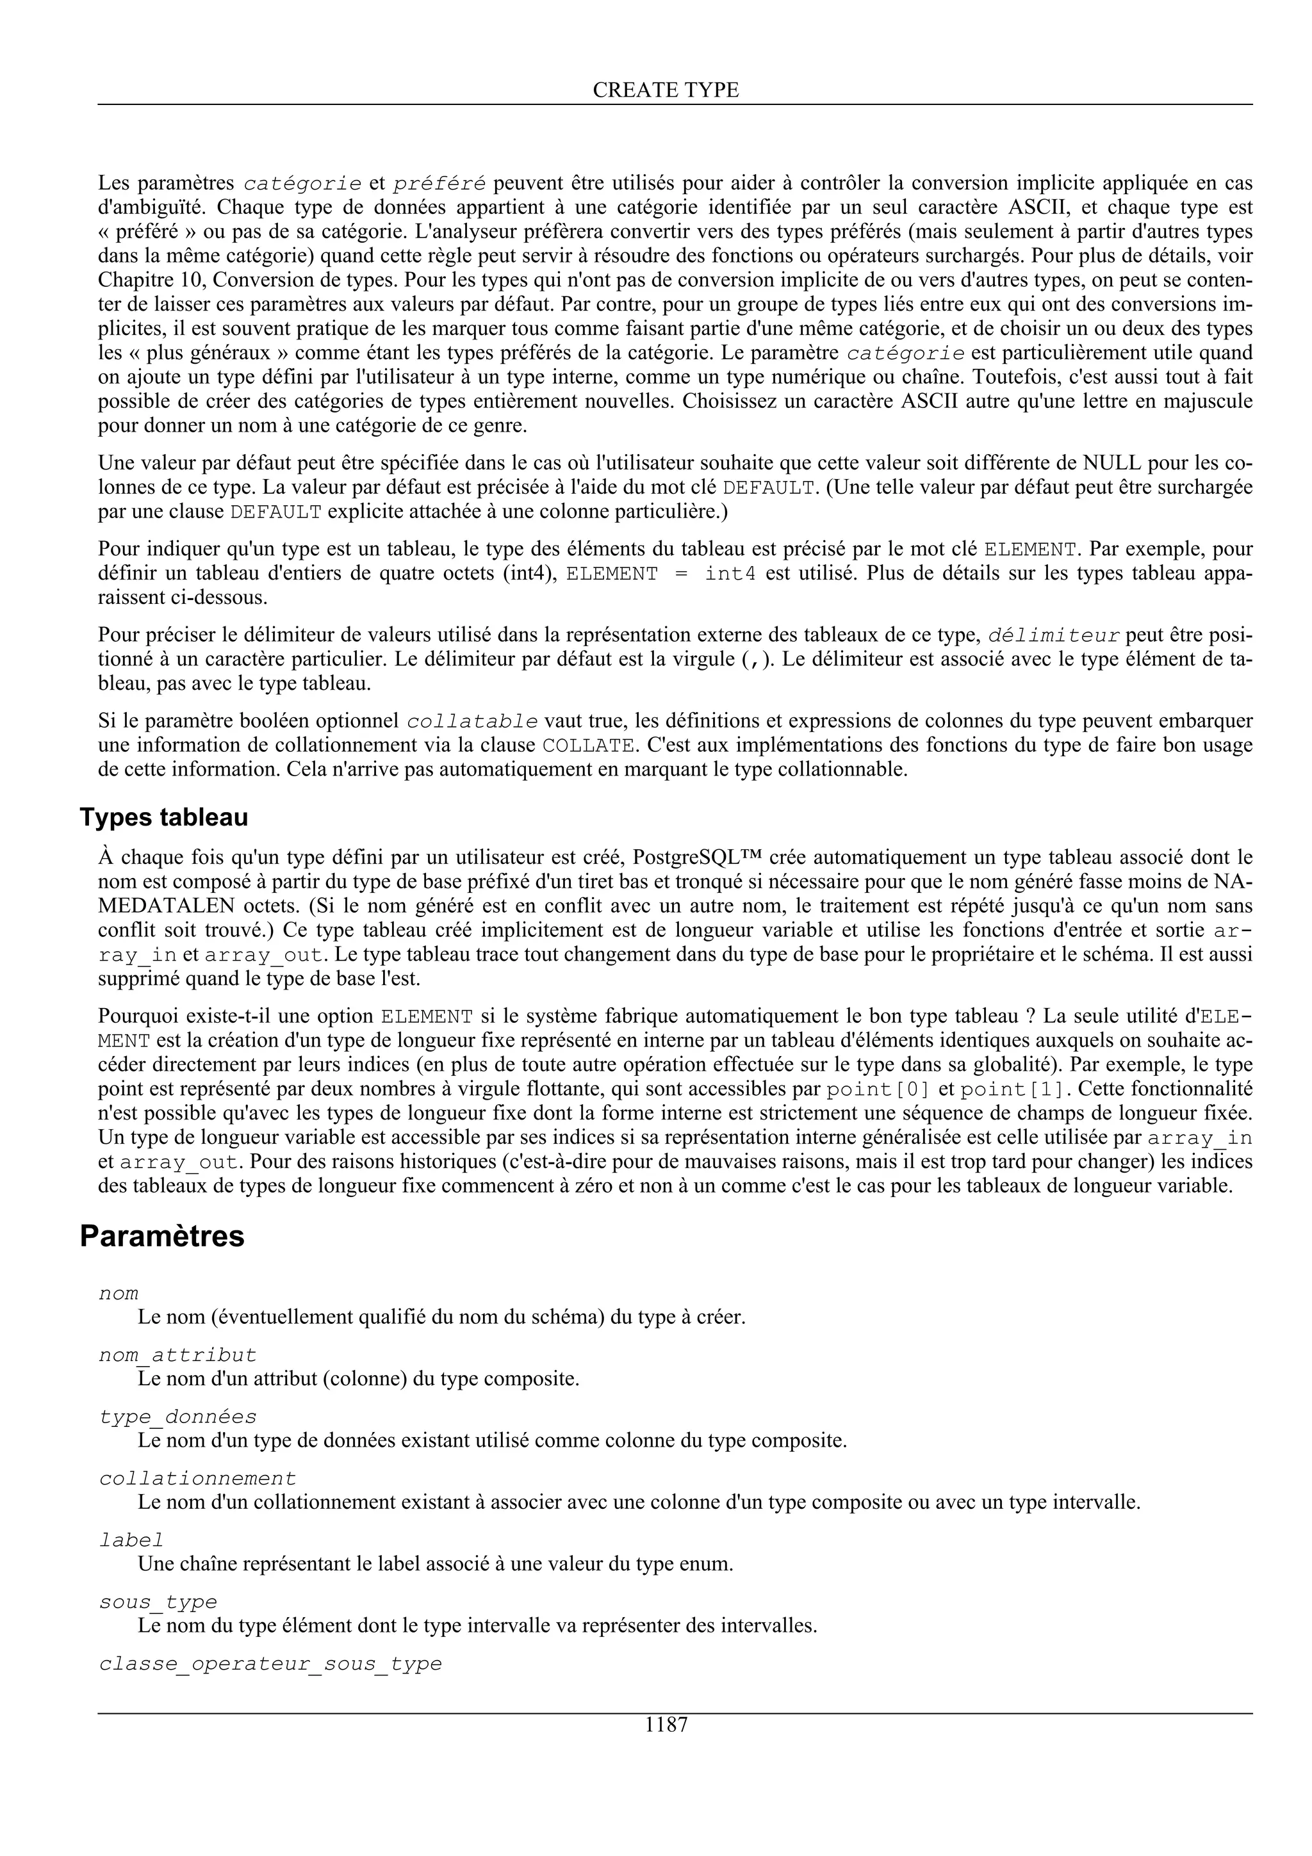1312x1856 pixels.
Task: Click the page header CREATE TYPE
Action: [666, 90]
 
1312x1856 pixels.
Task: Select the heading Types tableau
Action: [163, 817]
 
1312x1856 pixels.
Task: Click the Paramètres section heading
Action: [161, 1236]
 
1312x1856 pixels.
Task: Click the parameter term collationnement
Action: [197, 1479]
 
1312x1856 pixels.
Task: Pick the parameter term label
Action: [131, 1540]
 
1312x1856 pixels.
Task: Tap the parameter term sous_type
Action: [158, 1601]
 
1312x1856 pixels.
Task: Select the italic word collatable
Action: [472, 721]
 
